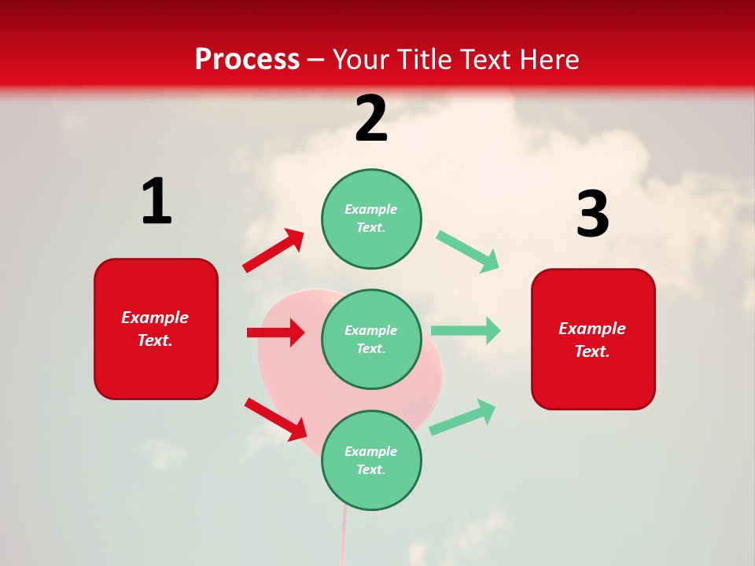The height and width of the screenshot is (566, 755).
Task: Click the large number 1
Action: (157, 201)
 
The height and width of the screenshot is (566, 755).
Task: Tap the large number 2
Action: (371, 119)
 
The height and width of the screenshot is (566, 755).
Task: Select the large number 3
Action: (592, 215)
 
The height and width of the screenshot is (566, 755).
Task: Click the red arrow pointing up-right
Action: (274, 251)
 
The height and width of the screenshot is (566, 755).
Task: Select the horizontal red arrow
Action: (275, 333)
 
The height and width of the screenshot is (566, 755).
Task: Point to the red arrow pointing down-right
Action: (275, 419)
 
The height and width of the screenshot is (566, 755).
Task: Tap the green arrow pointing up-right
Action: (462, 417)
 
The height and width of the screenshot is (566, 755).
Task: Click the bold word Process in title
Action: (247, 59)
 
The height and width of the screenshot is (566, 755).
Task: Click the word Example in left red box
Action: (155, 318)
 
